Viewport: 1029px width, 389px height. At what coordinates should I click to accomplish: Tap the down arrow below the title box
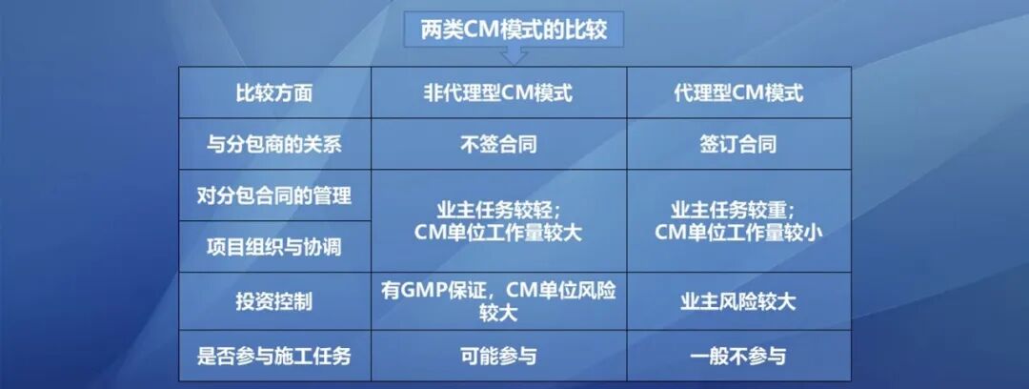pos(514,58)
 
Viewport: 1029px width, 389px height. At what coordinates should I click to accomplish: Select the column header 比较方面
pos(274,93)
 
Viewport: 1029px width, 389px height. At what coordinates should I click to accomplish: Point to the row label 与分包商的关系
pos(274,145)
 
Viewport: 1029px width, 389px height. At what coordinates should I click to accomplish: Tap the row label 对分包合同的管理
pos(274,195)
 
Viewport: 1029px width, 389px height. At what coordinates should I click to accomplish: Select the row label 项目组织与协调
pos(274,247)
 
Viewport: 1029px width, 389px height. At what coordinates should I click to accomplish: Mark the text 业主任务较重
pos(734,210)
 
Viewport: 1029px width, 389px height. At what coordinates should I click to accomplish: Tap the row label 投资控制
pos(274,301)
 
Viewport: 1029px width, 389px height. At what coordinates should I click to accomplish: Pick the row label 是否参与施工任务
pos(274,356)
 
